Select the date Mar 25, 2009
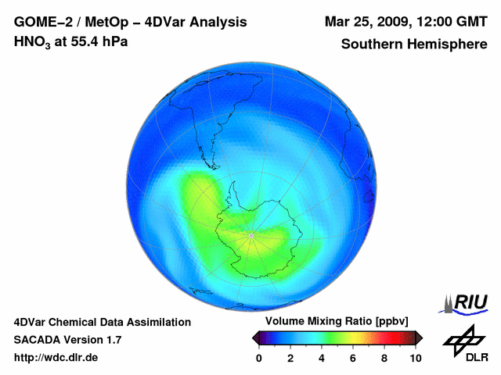point(367,21)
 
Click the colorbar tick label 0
point(259,358)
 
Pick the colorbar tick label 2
point(290,358)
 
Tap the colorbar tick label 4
point(322,358)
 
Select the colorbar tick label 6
point(353,358)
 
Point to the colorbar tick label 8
point(384,358)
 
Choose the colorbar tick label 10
point(415,358)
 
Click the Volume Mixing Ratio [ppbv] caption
point(337,322)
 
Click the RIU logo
point(465,302)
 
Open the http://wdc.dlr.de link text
point(56,358)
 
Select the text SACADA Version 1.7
point(67,340)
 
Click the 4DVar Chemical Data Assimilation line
point(102,322)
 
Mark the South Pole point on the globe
point(250,235)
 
